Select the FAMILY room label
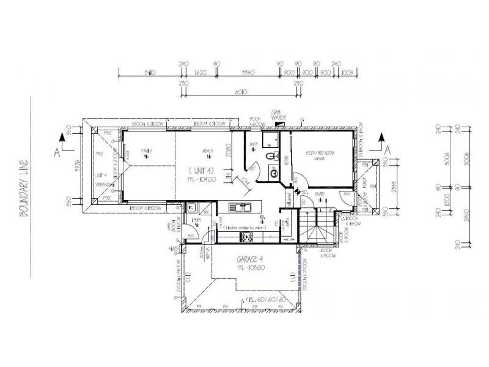tap(146, 150)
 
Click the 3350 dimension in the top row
tap(248, 73)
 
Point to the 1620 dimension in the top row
tap(199, 73)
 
